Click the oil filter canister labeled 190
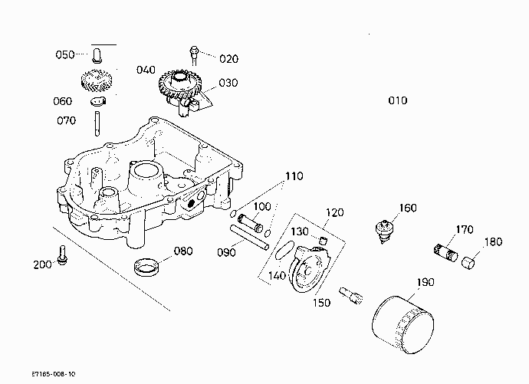[x=402, y=324]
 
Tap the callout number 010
[x=398, y=100]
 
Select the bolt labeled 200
[x=62, y=255]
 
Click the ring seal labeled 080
[x=146, y=267]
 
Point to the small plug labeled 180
[x=468, y=263]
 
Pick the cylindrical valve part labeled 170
[x=445, y=253]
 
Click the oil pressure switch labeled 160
[x=384, y=231]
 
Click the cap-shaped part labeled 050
[x=97, y=56]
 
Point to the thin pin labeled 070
[x=97, y=123]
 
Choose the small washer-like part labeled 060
[x=98, y=101]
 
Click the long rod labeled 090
[x=250, y=238]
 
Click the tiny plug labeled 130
[x=324, y=241]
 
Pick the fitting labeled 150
[x=351, y=296]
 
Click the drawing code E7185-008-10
[x=54, y=374]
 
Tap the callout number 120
[x=335, y=212]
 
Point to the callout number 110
[x=294, y=176]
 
